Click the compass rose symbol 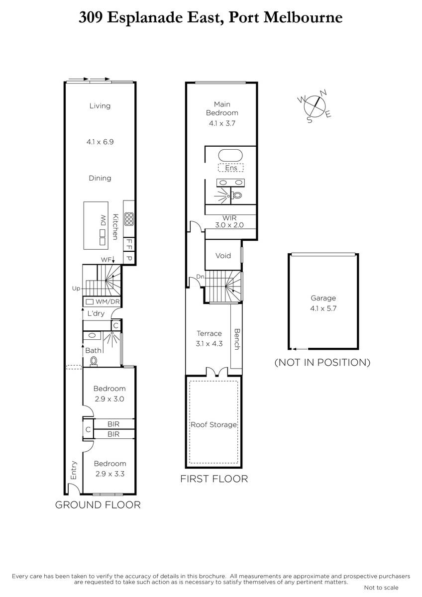coord(315,106)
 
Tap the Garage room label coord(323,298)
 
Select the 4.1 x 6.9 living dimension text coord(100,142)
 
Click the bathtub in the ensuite coord(230,155)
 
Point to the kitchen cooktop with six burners coord(129,219)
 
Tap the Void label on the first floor coord(223,256)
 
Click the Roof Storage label coord(214,424)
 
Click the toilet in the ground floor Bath coord(94,361)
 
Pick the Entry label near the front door coord(74,470)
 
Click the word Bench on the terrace coord(237,339)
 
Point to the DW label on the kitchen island coord(103,220)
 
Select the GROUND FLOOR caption coord(98,505)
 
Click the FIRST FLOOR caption coord(214,479)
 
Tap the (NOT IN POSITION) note coord(322,363)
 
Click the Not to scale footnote coord(381,588)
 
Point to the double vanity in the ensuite coord(230,183)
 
